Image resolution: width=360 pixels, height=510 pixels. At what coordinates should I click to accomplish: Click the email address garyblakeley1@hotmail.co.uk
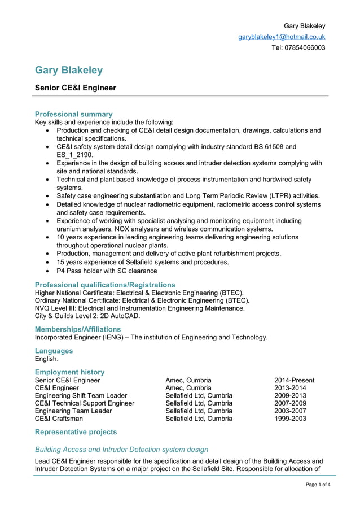coord(281,37)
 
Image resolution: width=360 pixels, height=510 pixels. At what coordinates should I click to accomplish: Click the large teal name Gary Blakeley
coord(69,70)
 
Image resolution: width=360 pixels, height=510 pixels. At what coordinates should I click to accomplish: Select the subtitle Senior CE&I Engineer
coord(76,88)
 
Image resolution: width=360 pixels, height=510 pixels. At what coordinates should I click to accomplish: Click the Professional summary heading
coord(73,114)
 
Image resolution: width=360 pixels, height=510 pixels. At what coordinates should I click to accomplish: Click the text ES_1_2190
coord(74,155)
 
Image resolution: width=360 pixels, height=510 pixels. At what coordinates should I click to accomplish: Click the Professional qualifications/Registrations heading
coord(105,285)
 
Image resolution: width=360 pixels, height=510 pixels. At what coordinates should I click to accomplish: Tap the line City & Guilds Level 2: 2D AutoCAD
coord(87,316)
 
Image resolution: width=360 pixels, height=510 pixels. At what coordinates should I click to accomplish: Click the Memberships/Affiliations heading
coord(78,329)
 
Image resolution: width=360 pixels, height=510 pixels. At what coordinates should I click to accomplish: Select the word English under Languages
coord(47,359)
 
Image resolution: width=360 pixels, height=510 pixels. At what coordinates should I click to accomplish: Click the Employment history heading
coord(69,372)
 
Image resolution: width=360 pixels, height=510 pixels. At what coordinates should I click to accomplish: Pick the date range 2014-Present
coord(294,380)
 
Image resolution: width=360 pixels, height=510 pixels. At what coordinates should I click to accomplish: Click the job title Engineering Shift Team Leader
coord(81,395)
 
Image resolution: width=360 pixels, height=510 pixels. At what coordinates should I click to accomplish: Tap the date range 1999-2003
coord(290,419)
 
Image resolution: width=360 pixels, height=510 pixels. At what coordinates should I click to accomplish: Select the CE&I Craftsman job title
coord(59,419)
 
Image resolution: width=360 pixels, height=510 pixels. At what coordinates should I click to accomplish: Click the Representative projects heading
coord(76,432)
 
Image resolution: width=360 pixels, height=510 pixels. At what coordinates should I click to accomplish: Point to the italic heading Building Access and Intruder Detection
coord(121,450)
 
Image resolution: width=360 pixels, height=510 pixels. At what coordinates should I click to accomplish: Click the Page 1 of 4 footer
coord(318,485)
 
